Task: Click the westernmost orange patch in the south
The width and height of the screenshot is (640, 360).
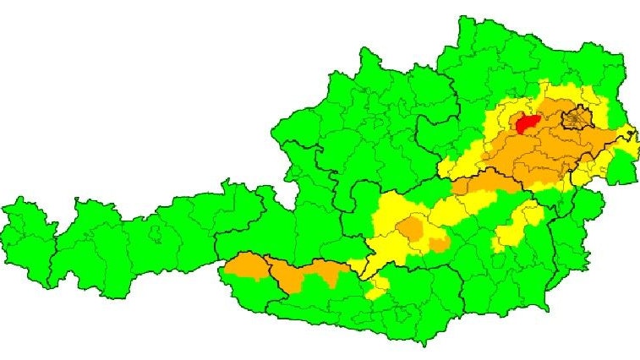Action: pos(246,265)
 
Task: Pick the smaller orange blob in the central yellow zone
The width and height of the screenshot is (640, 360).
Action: pos(439,245)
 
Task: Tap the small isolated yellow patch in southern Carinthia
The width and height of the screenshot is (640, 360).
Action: pos(377,292)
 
